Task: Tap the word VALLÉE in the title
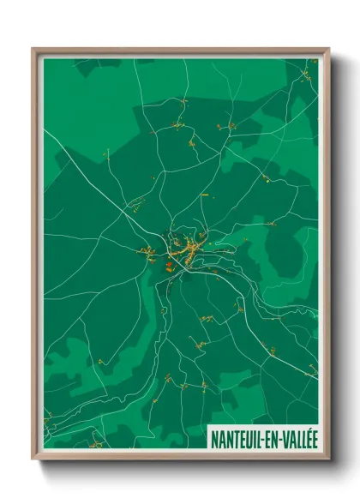[x=297, y=438]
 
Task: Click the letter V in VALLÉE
[x=280, y=438]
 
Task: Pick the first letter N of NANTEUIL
[x=214, y=438]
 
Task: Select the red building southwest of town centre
[x=168, y=267]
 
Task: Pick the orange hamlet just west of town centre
[x=147, y=253]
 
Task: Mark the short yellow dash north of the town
[x=204, y=195]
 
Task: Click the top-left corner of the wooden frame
[x=33, y=49]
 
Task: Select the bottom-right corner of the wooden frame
[x=328, y=459]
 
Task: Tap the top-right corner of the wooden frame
[x=328, y=49]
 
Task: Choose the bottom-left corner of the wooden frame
[x=33, y=459]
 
